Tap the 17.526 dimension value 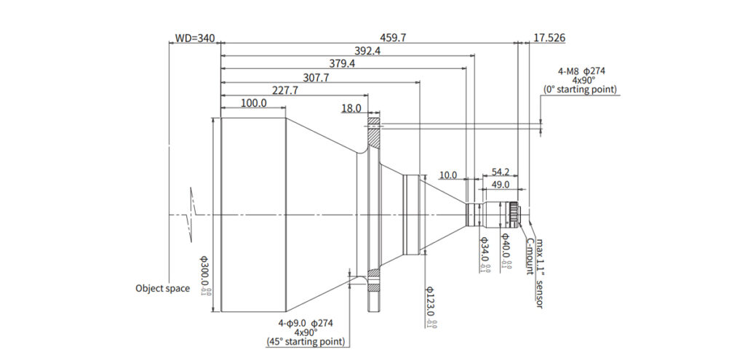tap(549, 38)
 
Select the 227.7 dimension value tap(285, 91)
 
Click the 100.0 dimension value tap(252, 104)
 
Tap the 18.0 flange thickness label tap(351, 108)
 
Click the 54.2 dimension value tap(500, 172)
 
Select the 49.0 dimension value tap(501, 185)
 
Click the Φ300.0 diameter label tap(205, 276)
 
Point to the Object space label tap(162, 288)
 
